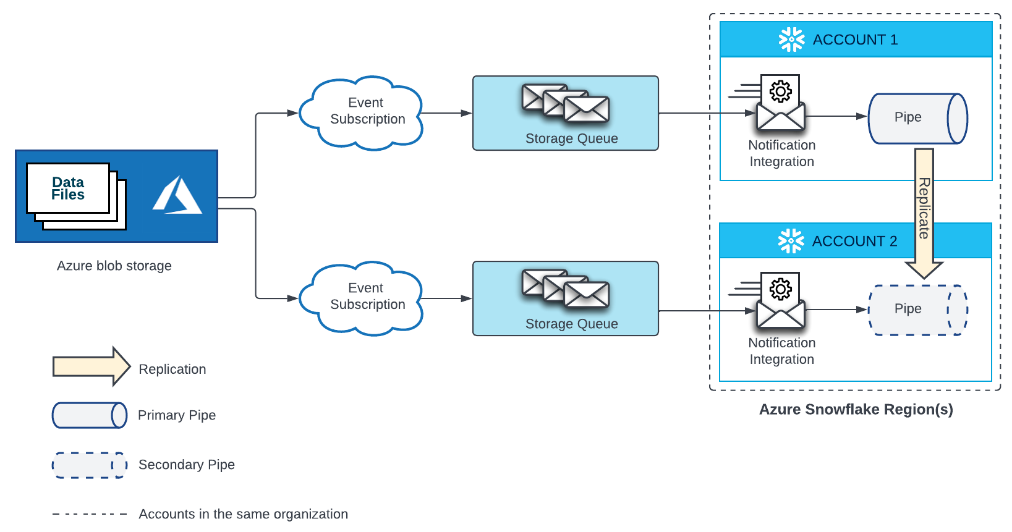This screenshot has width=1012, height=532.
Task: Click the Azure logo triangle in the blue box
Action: (177, 196)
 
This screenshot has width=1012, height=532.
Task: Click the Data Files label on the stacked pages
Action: (68, 188)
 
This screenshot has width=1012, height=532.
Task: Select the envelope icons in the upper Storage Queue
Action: (565, 103)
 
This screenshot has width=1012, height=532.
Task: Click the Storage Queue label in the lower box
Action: (571, 324)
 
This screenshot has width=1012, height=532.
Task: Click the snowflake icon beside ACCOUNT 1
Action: (791, 40)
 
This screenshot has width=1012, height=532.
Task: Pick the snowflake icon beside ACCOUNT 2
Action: (791, 241)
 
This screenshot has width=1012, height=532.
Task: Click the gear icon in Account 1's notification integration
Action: (781, 91)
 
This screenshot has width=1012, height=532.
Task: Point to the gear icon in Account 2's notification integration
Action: (781, 289)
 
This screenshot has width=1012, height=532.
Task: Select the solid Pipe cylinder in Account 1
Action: (917, 118)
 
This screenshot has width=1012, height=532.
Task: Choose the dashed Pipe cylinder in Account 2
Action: (917, 310)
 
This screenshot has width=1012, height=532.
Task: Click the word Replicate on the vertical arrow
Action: (924, 208)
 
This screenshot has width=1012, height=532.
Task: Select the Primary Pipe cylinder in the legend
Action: (90, 415)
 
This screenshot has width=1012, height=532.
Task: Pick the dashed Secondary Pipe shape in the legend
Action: (90, 465)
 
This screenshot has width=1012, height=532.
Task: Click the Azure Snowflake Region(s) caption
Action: (856, 409)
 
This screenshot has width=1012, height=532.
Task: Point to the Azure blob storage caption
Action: (114, 266)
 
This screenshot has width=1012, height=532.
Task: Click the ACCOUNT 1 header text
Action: (855, 40)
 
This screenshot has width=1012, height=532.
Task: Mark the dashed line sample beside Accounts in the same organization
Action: (90, 514)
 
